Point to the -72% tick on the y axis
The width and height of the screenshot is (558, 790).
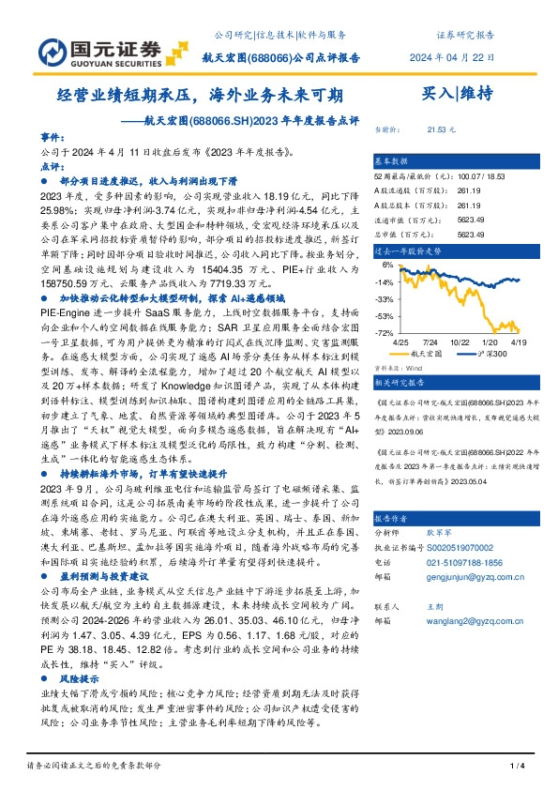point(383,333)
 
